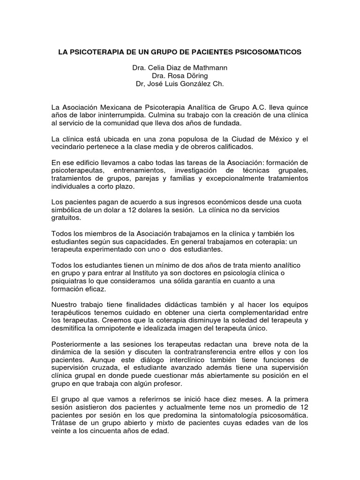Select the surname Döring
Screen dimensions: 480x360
pos(196,76)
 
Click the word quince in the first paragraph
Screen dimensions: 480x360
pos(296,107)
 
